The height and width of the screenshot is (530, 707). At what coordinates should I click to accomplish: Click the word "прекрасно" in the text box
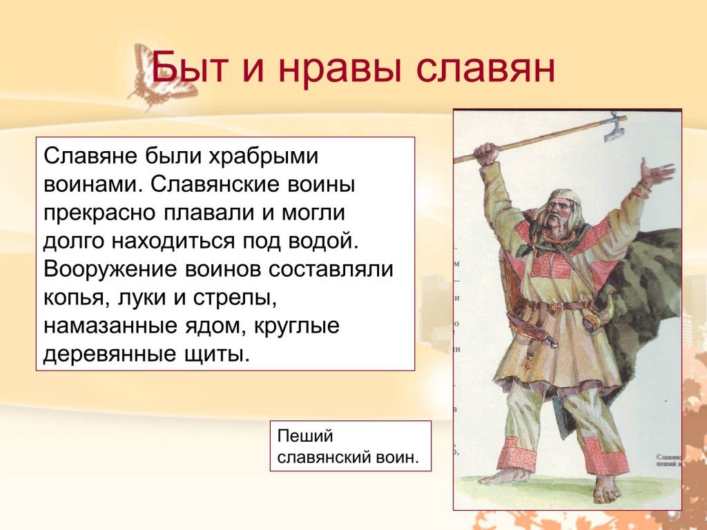click(x=99, y=214)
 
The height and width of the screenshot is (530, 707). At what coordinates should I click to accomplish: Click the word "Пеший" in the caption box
click(x=304, y=437)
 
